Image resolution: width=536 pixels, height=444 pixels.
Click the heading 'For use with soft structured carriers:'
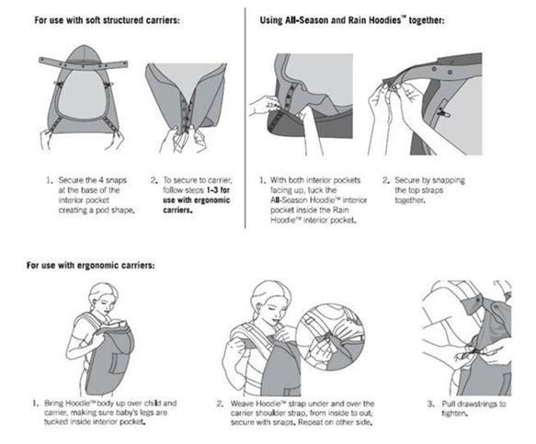[x=107, y=20]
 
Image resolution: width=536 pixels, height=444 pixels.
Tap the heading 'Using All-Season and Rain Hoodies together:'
[x=352, y=20]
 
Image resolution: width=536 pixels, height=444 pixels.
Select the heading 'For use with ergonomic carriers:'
[x=91, y=266]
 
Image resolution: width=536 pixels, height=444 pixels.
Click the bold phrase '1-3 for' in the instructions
[x=218, y=190]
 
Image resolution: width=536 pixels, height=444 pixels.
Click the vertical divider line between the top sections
[x=245, y=118]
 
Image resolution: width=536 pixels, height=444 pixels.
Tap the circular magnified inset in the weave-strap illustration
[x=330, y=338]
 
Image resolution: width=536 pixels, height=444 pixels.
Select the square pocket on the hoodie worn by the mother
[x=120, y=363]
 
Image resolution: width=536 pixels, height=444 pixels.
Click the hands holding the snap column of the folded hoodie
[x=183, y=140]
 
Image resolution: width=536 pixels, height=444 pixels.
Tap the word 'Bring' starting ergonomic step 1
[x=53, y=404]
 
